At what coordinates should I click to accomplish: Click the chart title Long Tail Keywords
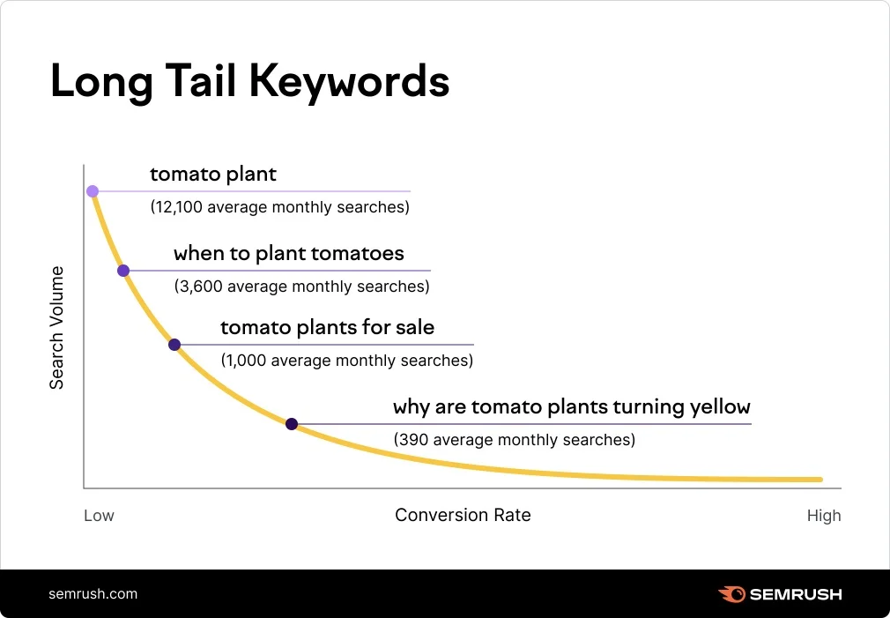tap(250, 81)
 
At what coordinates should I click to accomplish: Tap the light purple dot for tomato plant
tap(93, 191)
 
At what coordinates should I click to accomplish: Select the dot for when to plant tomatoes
tap(123, 271)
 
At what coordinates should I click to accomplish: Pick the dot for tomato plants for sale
tap(174, 345)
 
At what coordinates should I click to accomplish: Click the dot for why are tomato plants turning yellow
tap(292, 424)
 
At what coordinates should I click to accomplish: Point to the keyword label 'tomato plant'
tap(213, 175)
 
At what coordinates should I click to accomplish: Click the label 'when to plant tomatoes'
tap(289, 254)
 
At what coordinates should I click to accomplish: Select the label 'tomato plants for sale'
tap(327, 328)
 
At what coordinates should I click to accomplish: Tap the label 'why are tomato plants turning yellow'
tap(571, 407)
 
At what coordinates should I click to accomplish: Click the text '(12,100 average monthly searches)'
tap(280, 208)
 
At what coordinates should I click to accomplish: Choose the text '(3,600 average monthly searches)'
tap(301, 287)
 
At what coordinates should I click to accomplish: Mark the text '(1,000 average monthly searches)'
tap(346, 361)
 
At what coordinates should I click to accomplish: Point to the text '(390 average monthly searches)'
tap(514, 439)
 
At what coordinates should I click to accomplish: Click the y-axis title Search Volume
tap(56, 327)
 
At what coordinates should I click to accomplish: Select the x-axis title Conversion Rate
tap(463, 515)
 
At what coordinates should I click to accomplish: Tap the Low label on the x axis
tap(99, 516)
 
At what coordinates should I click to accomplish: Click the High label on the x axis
tap(824, 516)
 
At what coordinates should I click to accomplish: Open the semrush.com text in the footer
tap(93, 593)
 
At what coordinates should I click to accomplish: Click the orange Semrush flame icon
tap(731, 594)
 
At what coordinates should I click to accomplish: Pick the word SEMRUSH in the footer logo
tap(796, 594)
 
